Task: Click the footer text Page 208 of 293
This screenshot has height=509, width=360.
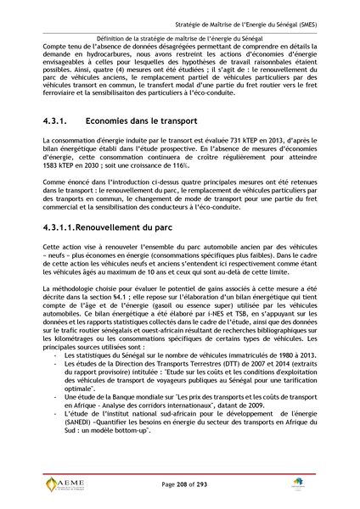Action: click(x=181, y=484)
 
